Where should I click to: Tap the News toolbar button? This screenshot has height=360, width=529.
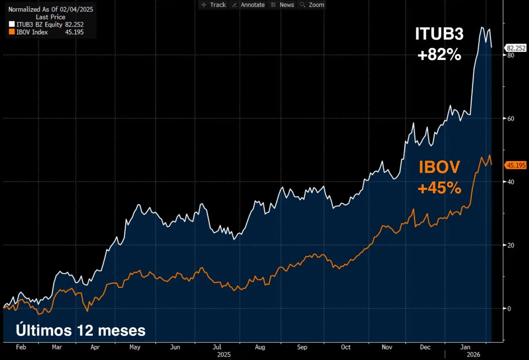[x=283, y=5]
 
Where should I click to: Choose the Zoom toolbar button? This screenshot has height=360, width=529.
[x=312, y=5]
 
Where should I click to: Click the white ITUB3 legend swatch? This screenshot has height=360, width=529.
[x=12, y=24]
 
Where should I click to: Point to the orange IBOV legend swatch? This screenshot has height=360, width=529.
[x=12, y=32]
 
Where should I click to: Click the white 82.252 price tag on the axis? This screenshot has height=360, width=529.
[x=515, y=48]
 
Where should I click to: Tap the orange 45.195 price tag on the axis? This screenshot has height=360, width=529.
[x=515, y=165]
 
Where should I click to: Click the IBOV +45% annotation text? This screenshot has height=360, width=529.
[x=439, y=177]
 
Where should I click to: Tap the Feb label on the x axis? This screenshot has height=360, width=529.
[x=21, y=347]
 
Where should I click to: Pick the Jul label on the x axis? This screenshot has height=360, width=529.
[x=217, y=347]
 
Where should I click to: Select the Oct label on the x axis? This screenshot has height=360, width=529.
[x=345, y=347]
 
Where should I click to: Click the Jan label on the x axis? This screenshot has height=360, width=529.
[x=465, y=347]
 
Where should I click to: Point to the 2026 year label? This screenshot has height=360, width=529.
[x=465, y=355]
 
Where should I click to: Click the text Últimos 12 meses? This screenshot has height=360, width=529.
[x=81, y=330]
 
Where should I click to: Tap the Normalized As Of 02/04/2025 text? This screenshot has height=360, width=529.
[x=51, y=9]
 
